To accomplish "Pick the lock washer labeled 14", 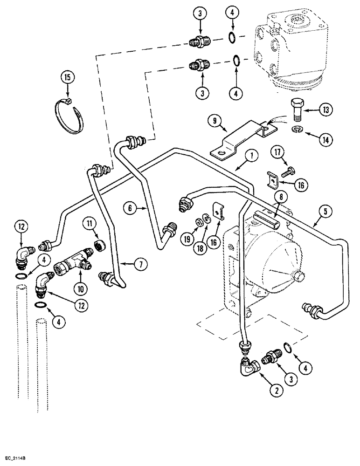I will tap(297, 130).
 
